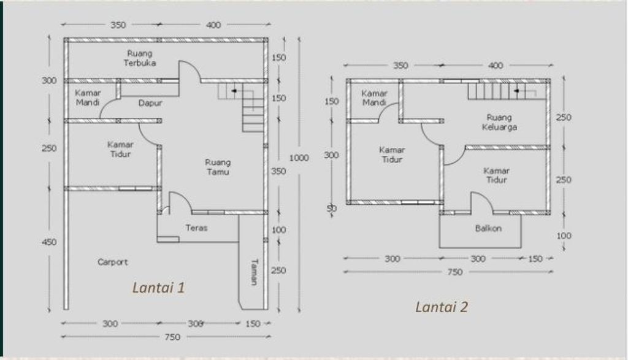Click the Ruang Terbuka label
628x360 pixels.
click(139, 58)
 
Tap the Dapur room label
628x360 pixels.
click(150, 103)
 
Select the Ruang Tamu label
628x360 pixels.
click(218, 167)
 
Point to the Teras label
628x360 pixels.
click(196, 228)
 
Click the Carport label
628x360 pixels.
click(113, 262)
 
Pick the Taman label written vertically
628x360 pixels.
click(254, 272)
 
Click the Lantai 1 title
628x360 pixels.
click(159, 288)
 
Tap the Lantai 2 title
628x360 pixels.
click(442, 307)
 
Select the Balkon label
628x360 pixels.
click(488, 228)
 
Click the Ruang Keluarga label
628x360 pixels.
click(499, 122)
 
